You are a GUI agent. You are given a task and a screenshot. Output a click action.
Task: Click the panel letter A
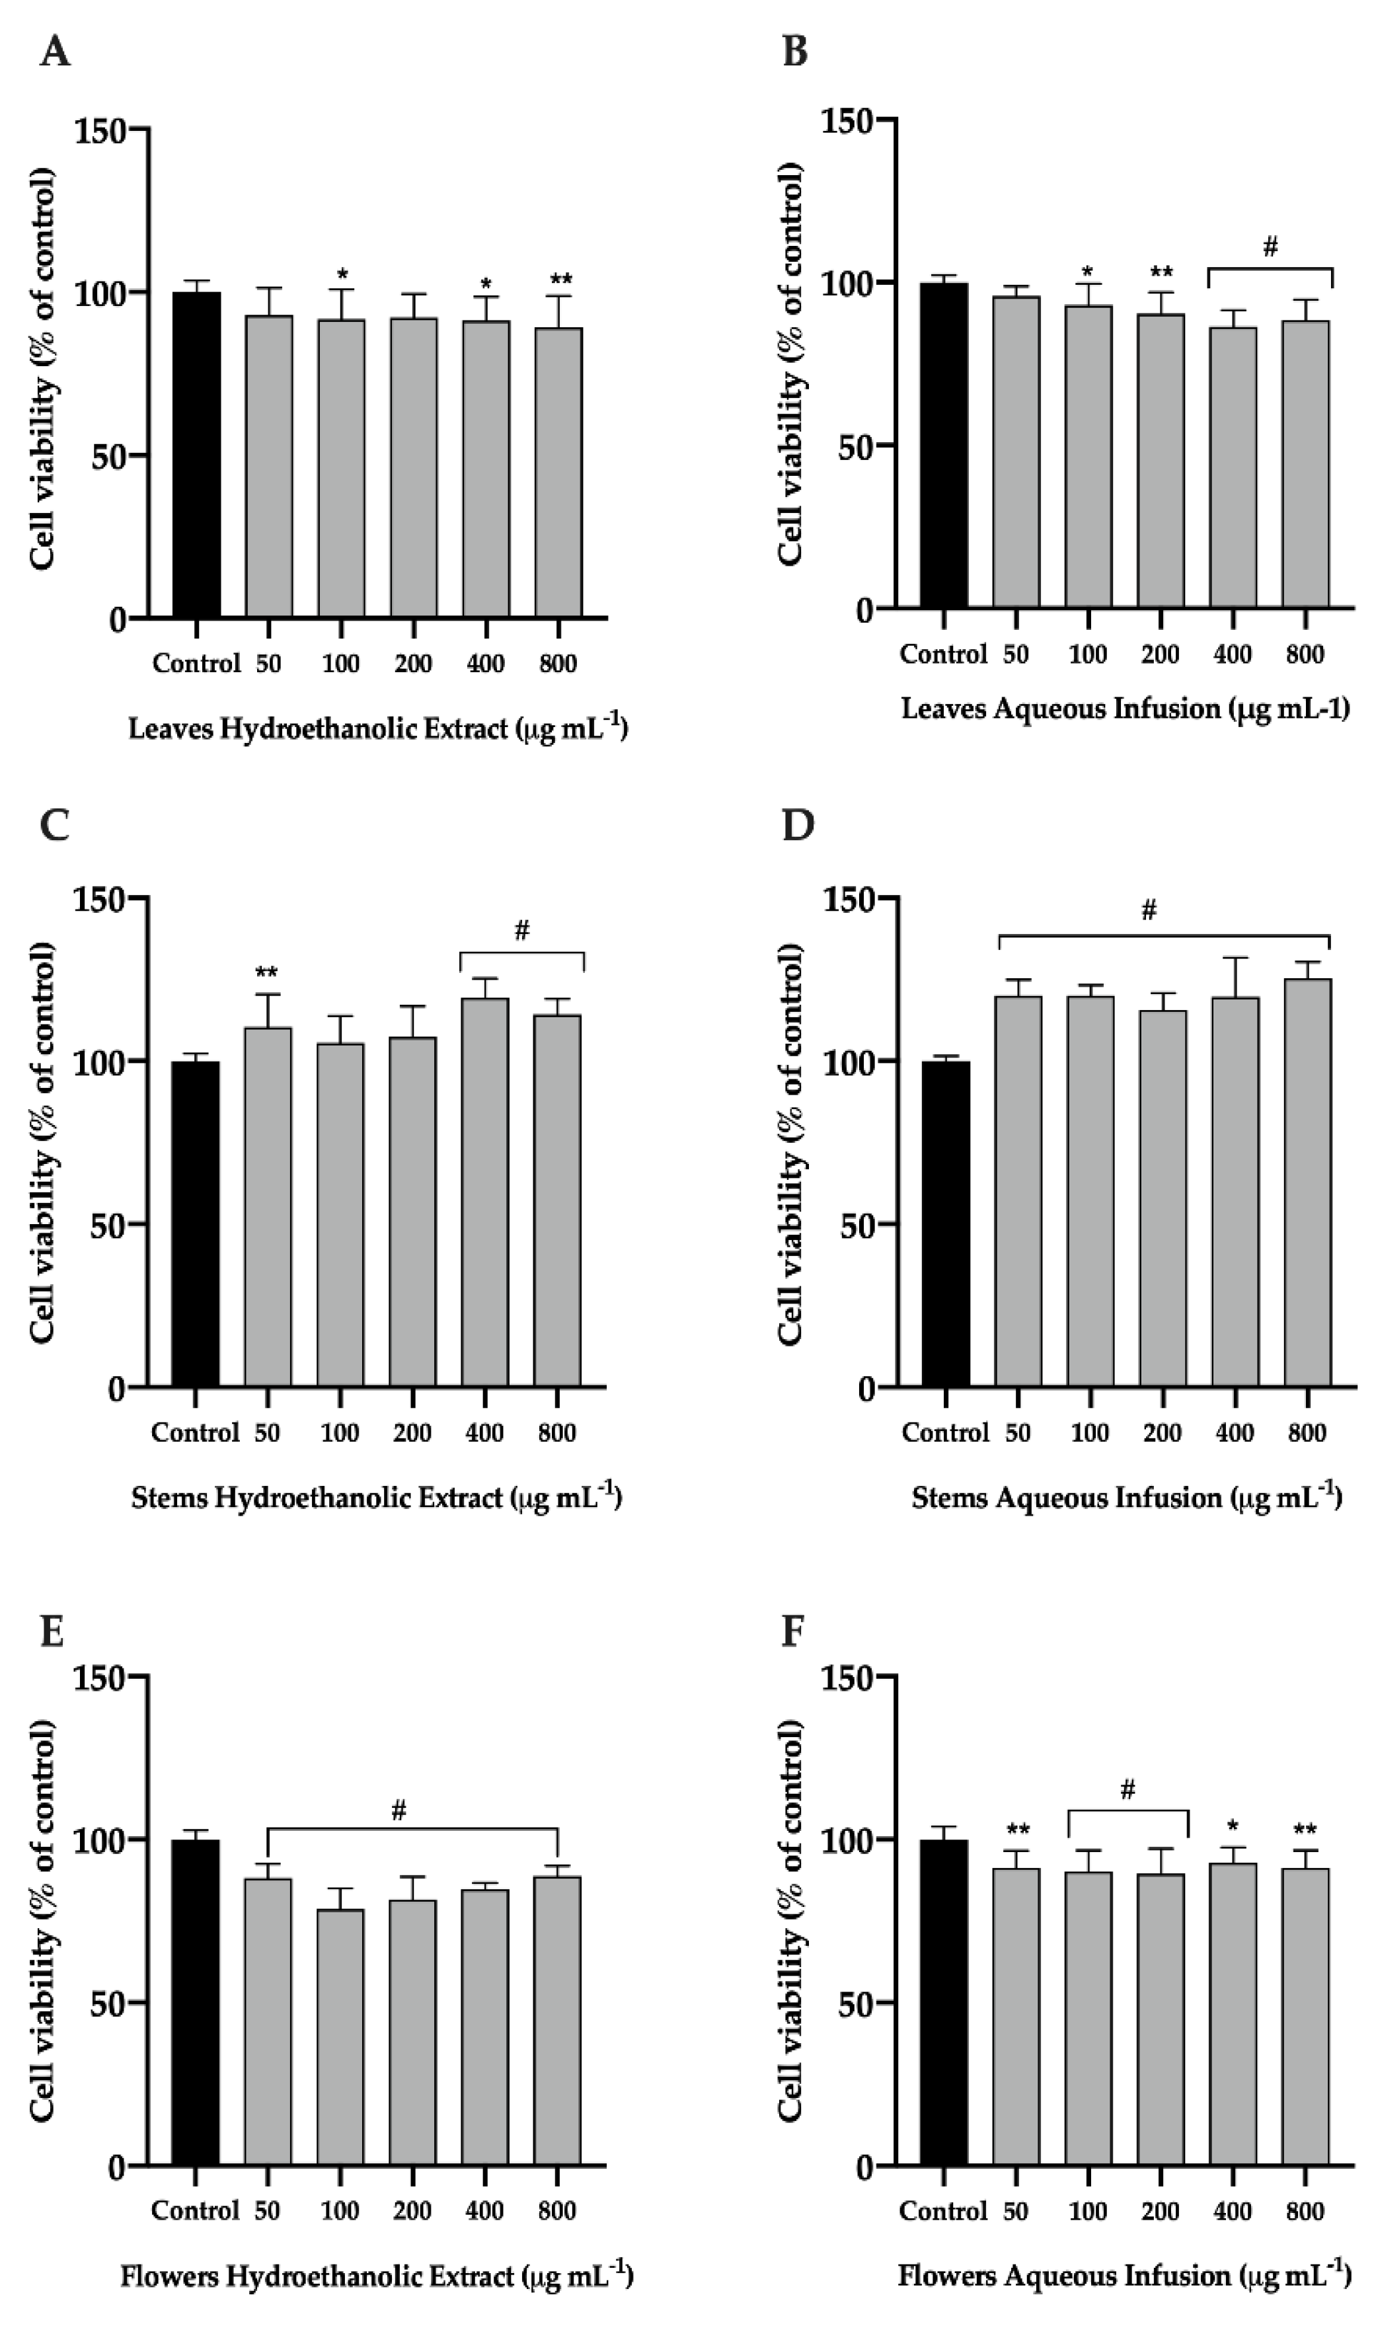55,52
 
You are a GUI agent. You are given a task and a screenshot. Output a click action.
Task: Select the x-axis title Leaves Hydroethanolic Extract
378,728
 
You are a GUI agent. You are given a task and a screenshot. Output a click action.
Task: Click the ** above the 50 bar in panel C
266,972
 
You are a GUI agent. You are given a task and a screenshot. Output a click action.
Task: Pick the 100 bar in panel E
340,2037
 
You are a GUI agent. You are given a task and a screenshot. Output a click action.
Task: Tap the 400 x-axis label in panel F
1233,2211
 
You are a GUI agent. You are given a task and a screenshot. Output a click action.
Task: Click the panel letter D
797,825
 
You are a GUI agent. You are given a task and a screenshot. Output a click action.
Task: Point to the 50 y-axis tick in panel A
108,455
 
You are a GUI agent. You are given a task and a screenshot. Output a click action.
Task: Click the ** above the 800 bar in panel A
560,280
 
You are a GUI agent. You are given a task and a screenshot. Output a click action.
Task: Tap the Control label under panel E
196,2211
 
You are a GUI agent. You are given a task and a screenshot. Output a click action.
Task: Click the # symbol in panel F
1127,1790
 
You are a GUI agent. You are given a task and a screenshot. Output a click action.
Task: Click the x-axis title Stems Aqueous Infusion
1126,1497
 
